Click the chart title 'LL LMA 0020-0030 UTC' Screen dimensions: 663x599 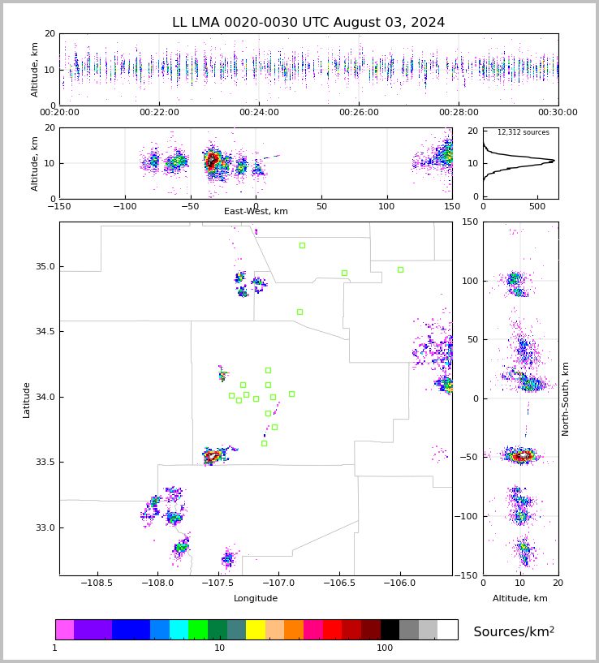click(308, 23)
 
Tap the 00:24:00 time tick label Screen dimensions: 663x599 click(259, 113)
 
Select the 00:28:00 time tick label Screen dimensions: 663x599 click(459, 113)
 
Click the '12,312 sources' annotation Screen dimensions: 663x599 click(523, 132)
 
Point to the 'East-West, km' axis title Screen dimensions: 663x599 click(256, 212)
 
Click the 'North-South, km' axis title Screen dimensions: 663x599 click(566, 398)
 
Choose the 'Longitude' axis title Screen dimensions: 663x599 click(256, 598)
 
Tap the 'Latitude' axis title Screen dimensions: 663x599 click(27, 399)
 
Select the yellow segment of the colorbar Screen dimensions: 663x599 click(255, 630)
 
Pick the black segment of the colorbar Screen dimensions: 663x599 click(390, 630)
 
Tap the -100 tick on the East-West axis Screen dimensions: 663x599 click(124, 207)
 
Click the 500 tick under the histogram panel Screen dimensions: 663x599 click(537, 207)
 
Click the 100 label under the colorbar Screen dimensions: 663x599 click(385, 648)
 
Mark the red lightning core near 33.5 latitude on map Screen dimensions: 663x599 click(212, 457)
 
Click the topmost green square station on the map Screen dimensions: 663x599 click(302, 245)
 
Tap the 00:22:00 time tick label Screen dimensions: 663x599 click(159, 113)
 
